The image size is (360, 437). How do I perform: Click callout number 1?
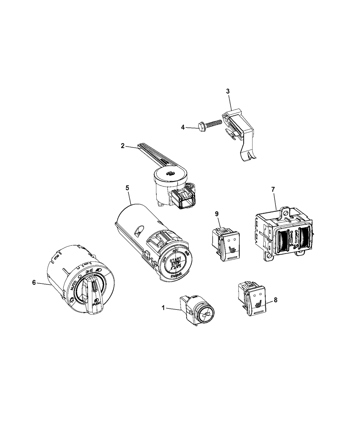[164, 308]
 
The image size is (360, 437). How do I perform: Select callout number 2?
[123, 146]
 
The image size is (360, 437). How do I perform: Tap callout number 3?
[228, 91]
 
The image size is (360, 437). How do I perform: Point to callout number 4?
[183, 128]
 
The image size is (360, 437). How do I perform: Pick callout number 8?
[276, 300]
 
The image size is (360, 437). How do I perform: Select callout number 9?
[217, 214]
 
